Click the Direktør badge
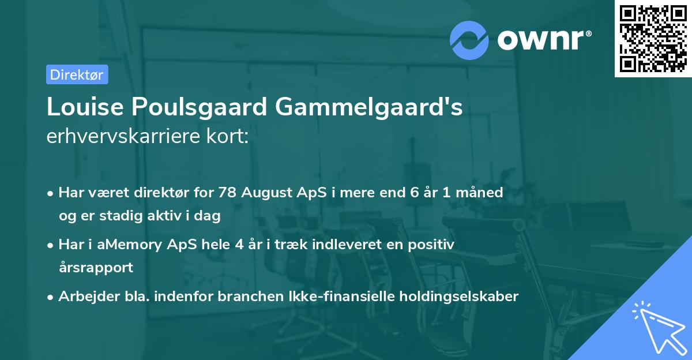click(x=77, y=74)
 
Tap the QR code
click(x=653, y=38)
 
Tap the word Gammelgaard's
click(x=368, y=107)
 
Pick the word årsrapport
click(x=96, y=267)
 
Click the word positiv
click(x=434, y=245)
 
